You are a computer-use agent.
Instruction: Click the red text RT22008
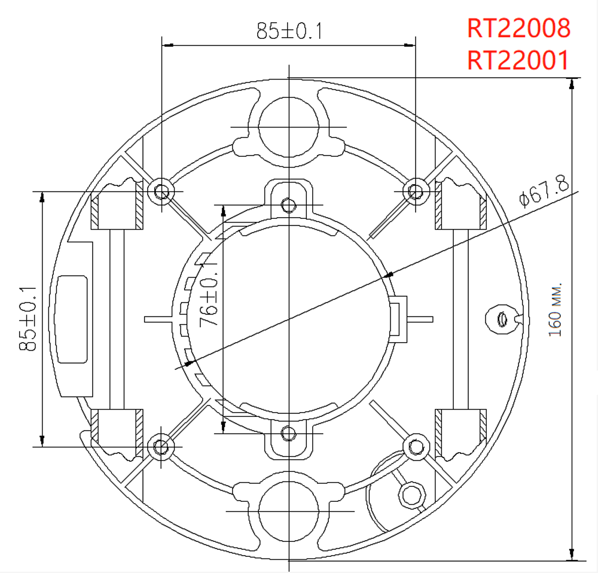pos(518,28)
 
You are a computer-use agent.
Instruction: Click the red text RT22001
pos(518,60)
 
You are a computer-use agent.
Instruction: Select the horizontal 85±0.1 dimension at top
pos(289,31)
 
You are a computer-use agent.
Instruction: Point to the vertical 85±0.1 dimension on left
pos(28,318)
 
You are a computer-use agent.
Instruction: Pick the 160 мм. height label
pos(555,309)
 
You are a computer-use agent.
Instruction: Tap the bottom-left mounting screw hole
pos(161,446)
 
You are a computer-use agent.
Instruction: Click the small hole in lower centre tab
pos(289,433)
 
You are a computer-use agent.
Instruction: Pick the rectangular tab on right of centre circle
pos(399,319)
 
